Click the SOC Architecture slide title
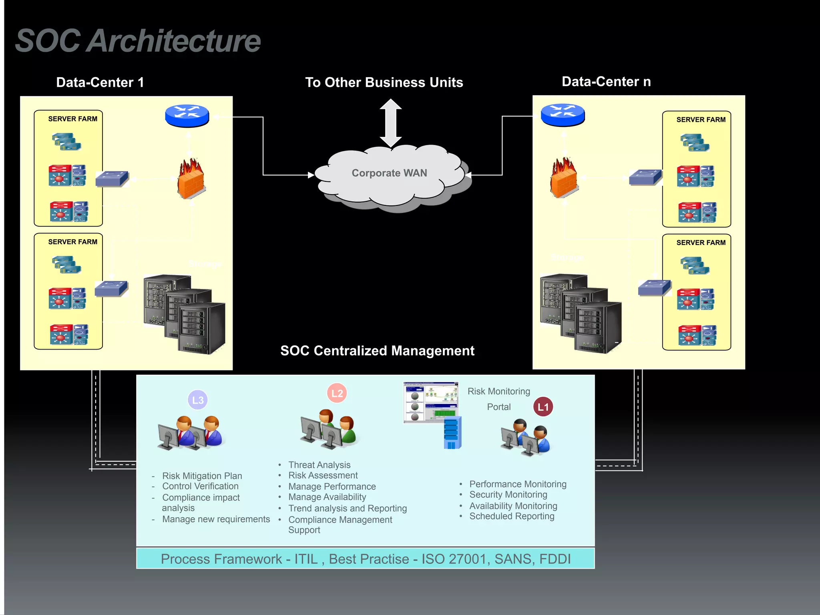click(x=138, y=41)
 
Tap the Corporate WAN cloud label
click(x=389, y=173)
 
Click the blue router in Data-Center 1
click(x=187, y=116)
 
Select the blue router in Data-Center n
click(x=563, y=115)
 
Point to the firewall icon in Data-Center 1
click(x=191, y=179)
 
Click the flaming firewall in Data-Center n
click(x=564, y=178)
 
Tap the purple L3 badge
click(x=198, y=400)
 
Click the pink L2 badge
click(x=337, y=393)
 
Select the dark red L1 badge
click(x=543, y=407)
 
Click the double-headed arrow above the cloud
click(x=391, y=123)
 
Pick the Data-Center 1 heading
click(x=100, y=82)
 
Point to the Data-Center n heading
click(x=606, y=82)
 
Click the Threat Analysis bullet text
click(x=319, y=465)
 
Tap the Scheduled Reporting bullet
click(x=512, y=516)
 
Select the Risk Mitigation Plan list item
click(x=202, y=476)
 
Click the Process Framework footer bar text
click(x=366, y=559)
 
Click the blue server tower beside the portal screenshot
click(x=452, y=432)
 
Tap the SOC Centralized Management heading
click(x=377, y=351)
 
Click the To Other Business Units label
click(x=384, y=82)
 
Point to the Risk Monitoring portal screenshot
click(x=430, y=402)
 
